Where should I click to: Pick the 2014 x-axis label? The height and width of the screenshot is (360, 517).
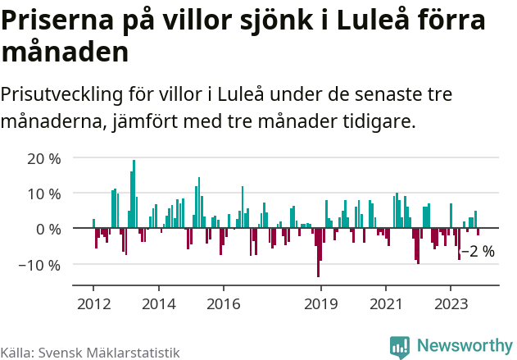pyautogui.click(x=159, y=303)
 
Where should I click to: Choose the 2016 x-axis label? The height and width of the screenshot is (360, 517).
pyautogui.click(x=223, y=303)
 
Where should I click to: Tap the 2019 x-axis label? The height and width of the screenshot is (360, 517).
pyautogui.click(x=320, y=303)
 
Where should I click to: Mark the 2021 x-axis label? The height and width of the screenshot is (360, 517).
pyautogui.click(x=385, y=303)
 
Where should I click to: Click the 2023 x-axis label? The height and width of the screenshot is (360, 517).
pyautogui.click(x=450, y=303)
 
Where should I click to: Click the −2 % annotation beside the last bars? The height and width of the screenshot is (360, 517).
pyautogui.click(x=478, y=252)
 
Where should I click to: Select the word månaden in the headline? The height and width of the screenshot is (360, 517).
pyautogui.click(x=65, y=52)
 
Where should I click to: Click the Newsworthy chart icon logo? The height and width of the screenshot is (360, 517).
pyautogui.click(x=400, y=347)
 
